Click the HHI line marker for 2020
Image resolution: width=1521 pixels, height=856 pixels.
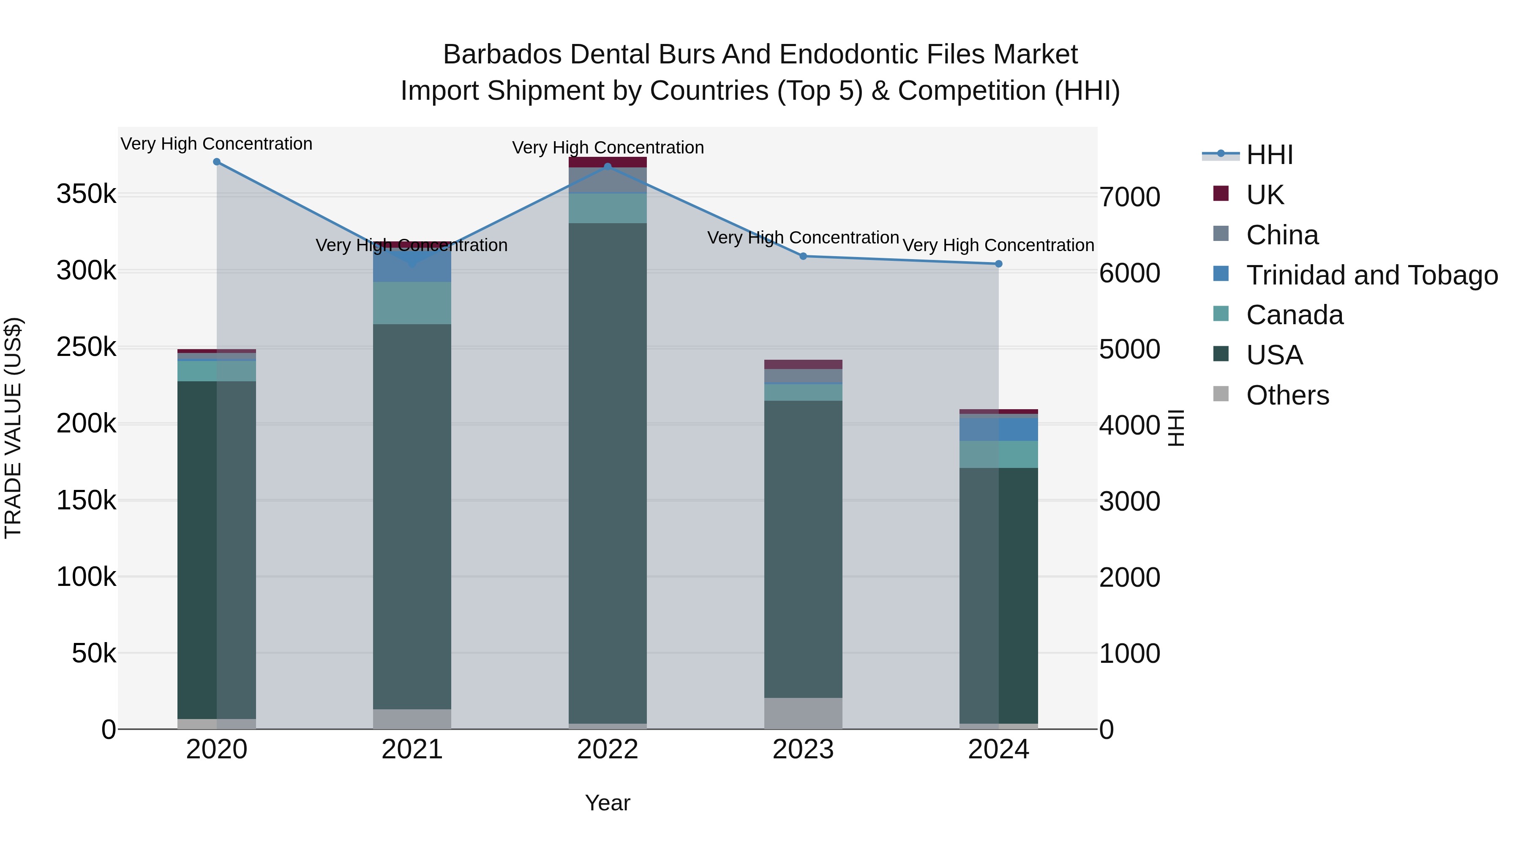click(x=217, y=162)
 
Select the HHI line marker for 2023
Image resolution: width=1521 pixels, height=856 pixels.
click(x=803, y=257)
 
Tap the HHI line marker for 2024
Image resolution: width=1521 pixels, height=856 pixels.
click(x=998, y=264)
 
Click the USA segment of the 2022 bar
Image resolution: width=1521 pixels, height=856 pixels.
click(x=608, y=473)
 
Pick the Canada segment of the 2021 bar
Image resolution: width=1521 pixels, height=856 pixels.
click(x=412, y=303)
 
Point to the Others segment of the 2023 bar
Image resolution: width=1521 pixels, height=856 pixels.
click(x=803, y=713)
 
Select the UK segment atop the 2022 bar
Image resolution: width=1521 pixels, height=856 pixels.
click(x=608, y=162)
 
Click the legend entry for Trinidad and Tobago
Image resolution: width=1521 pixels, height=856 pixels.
click(x=1371, y=275)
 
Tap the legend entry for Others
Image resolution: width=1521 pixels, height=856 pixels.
click(x=1287, y=395)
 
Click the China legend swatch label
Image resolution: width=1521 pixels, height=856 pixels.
click(x=1282, y=235)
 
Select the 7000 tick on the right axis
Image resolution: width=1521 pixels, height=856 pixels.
click(x=1129, y=197)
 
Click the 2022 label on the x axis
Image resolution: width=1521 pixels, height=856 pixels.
click(x=608, y=749)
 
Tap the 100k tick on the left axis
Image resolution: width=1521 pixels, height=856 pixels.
click(x=86, y=577)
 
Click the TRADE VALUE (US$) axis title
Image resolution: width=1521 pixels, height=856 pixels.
click(x=13, y=428)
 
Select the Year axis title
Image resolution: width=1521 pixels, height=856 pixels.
click(x=608, y=803)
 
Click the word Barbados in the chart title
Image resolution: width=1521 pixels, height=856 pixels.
click(x=502, y=55)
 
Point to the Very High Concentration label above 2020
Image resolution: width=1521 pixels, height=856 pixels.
click(x=217, y=144)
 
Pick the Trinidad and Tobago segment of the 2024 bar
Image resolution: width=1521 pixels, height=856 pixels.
click(x=998, y=429)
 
